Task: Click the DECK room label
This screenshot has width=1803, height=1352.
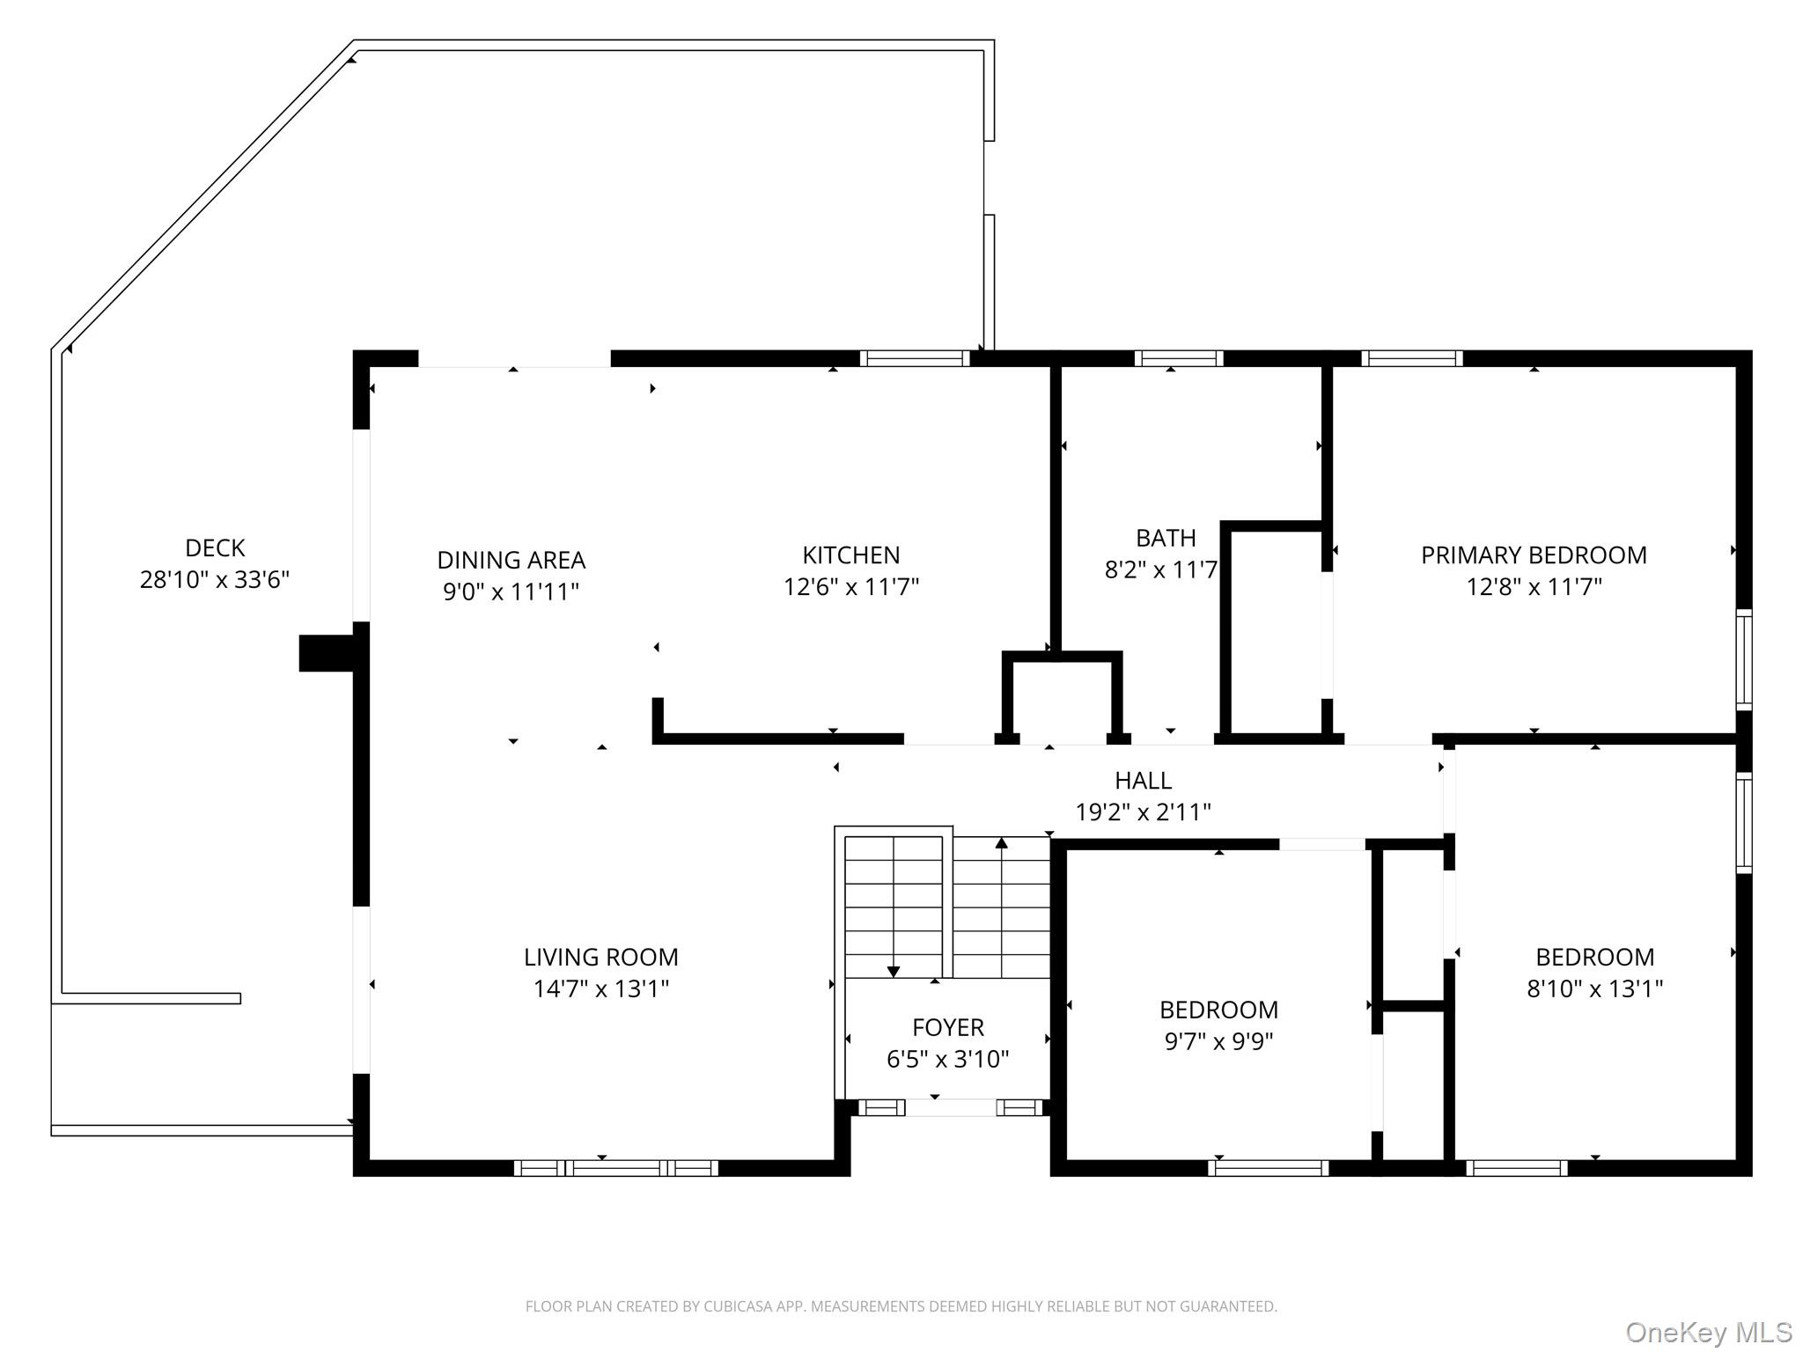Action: click(215, 547)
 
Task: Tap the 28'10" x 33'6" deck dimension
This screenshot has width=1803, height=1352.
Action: click(215, 580)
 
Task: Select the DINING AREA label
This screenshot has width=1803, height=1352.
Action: click(511, 560)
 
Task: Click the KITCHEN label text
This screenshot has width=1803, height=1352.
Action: click(850, 555)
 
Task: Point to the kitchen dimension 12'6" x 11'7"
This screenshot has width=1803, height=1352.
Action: click(850, 587)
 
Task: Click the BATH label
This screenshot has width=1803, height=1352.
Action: click(1165, 538)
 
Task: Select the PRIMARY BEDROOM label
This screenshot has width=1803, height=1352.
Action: click(1533, 555)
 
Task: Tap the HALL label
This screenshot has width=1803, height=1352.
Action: click(1143, 781)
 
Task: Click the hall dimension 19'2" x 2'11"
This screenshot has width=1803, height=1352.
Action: click(1143, 812)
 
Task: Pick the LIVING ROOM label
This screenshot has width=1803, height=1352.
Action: click(600, 957)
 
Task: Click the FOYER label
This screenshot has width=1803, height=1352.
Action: click(947, 1027)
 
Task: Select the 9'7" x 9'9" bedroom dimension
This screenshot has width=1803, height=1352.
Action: click(1218, 1041)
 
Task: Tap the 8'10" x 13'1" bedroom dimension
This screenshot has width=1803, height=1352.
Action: click(1594, 988)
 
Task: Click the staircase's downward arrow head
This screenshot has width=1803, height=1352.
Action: click(893, 972)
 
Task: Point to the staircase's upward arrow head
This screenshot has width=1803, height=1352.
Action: click(1001, 843)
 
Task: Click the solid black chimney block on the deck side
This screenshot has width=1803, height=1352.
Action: click(326, 653)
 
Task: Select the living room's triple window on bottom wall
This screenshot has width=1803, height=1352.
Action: click(615, 1168)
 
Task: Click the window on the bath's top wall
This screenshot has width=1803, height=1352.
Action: click(1178, 358)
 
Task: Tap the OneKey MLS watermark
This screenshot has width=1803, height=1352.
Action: click(1708, 1333)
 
